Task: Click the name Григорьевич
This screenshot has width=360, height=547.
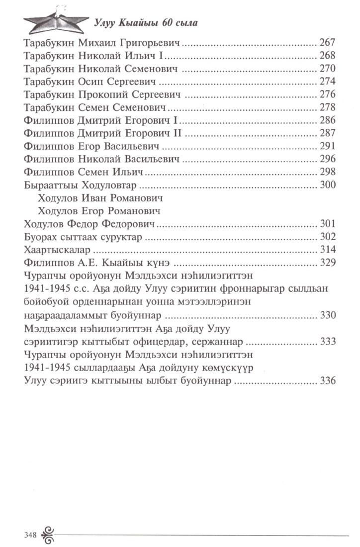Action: click(x=153, y=43)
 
